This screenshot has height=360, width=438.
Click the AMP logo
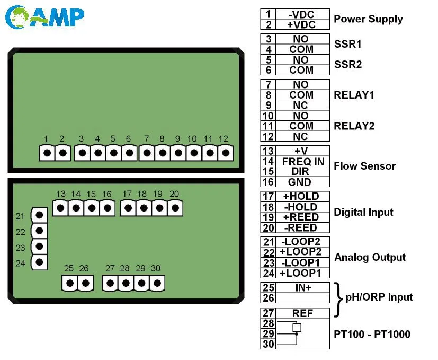[x=44, y=17]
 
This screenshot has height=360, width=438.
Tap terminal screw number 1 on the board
[x=47, y=153]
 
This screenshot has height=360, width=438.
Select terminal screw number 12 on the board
[x=226, y=153]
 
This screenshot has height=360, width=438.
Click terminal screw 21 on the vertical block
[x=39, y=215]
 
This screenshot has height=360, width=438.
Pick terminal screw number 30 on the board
[x=157, y=283]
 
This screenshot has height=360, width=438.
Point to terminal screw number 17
[x=128, y=208]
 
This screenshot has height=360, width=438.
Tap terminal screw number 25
[x=70, y=283]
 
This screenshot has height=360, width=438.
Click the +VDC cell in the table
[x=301, y=24]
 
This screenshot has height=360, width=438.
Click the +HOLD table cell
[x=301, y=196]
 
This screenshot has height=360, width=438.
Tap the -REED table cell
[x=301, y=227]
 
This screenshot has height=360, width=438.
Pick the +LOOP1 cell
[x=301, y=273]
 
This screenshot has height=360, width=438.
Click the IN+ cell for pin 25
[x=303, y=287]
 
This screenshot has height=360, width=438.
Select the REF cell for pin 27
[x=302, y=313]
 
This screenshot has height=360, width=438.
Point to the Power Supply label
[x=369, y=19]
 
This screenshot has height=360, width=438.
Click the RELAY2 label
[x=354, y=126]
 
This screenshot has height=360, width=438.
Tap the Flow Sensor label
[x=365, y=166]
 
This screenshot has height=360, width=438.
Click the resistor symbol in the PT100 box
[x=297, y=327]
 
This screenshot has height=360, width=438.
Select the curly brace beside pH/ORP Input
[x=339, y=300]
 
